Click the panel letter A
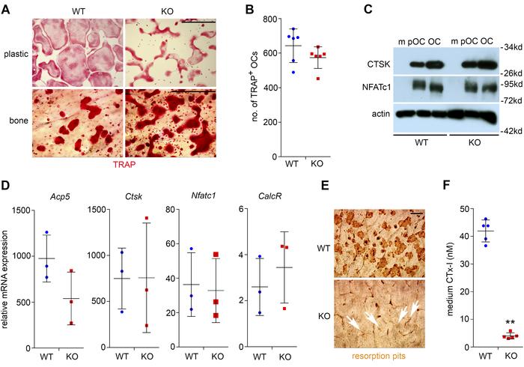[x=6, y=7]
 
